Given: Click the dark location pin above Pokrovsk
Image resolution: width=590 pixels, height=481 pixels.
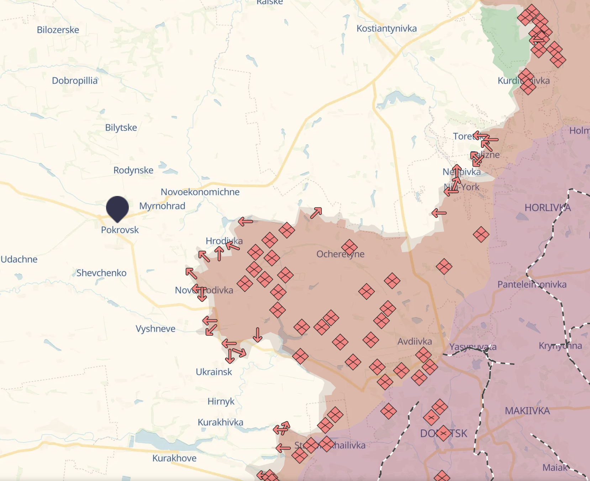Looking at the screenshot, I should (x=117, y=208).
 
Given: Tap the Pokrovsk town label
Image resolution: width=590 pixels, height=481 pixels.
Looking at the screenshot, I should (x=120, y=230).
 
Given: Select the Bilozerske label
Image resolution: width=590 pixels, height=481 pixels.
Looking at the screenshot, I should (x=58, y=30).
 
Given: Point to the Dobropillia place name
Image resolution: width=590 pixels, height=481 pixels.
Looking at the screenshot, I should (x=75, y=81).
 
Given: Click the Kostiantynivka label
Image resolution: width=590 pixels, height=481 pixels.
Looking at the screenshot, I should (x=386, y=29).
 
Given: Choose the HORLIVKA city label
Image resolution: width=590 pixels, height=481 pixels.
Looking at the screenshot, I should (x=547, y=208).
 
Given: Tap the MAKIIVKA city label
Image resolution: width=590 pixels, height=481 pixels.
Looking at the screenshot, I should (x=527, y=411).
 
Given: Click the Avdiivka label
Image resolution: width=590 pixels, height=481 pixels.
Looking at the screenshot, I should (x=415, y=341).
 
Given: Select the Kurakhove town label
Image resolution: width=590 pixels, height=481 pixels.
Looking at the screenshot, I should (x=174, y=458).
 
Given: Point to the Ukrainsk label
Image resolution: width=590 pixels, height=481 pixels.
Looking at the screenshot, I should (x=214, y=372).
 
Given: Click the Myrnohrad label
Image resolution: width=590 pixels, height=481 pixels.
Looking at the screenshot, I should (x=162, y=206).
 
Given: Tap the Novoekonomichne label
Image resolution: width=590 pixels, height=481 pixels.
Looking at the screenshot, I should (x=200, y=192).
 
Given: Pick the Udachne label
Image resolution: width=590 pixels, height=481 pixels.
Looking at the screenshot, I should (x=19, y=259).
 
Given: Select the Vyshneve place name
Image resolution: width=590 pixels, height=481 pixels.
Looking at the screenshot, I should (x=156, y=329).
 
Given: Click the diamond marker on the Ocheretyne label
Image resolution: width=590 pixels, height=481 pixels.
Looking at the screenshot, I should (x=349, y=247).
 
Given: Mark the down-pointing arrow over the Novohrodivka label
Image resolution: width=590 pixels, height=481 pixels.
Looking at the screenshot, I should (x=202, y=294).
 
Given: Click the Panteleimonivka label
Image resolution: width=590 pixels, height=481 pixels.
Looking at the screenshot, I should (x=532, y=284).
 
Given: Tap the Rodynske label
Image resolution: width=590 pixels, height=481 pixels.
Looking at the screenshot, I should (x=133, y=170).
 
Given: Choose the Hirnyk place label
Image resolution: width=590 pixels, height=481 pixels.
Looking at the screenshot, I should (x=221, y=402).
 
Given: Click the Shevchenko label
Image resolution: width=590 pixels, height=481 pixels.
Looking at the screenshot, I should (x=101, y=273).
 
